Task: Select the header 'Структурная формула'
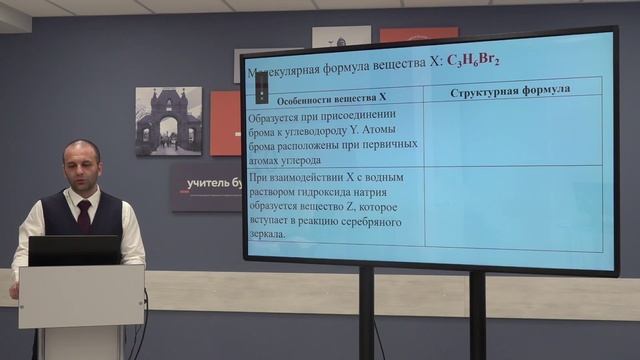510,90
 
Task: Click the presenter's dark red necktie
84,214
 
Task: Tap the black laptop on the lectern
74,250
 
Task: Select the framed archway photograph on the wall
168,121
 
